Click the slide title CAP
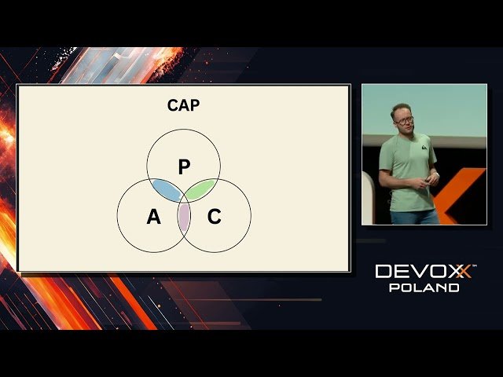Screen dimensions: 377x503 183,105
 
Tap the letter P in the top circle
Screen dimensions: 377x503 184,167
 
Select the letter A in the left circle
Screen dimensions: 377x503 153,217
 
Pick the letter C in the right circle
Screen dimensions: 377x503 214,217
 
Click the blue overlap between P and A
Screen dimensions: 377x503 166,189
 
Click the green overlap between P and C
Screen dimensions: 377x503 201,188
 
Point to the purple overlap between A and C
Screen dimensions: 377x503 184,217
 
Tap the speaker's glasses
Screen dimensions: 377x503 405,121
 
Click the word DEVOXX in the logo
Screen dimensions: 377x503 423,272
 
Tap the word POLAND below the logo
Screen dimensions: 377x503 424,287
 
